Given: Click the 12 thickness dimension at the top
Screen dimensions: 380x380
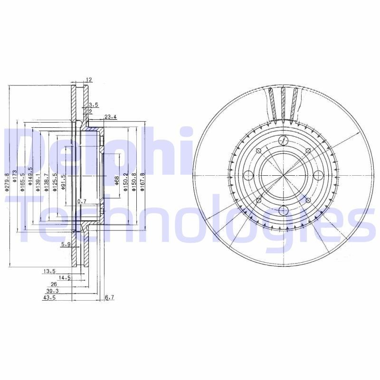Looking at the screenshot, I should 89,80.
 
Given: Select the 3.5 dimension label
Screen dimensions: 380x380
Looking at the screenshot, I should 94,104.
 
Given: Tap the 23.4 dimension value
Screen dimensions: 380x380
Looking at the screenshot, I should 111,116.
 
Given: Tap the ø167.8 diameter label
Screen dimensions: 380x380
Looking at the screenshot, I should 142,181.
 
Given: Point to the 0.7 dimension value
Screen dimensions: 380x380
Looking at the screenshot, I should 82,202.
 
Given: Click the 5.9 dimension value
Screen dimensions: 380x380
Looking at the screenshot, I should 66,245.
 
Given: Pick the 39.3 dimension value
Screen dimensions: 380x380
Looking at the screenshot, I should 52,291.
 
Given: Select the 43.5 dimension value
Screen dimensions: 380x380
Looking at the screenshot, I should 49,298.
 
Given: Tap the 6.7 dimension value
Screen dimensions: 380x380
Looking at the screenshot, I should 109,298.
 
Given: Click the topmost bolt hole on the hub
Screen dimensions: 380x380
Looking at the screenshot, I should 283,141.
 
